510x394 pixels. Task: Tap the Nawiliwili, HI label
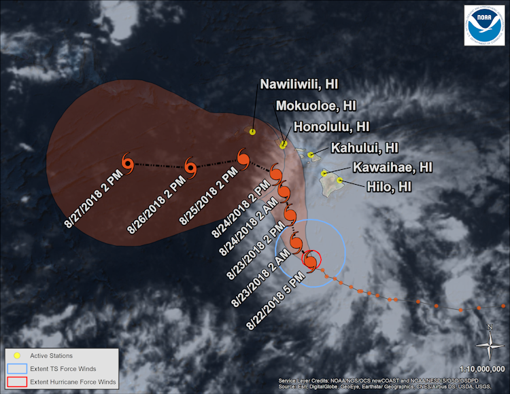point(299,84)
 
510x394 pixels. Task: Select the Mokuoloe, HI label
point(316,106)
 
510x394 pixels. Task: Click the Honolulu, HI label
point(331,126)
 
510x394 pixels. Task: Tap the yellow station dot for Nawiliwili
point(252,132)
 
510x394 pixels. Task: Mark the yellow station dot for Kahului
point(311,156)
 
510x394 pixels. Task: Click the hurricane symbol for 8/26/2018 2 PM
point(190,166)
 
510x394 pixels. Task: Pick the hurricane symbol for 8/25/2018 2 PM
point(243,158)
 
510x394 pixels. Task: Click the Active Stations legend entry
point(51,356)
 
